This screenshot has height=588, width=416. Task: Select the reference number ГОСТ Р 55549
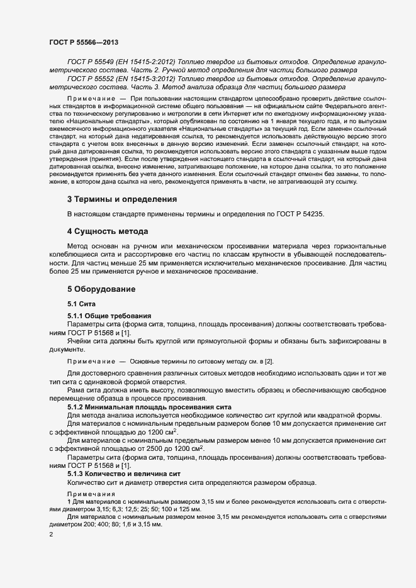[90, 62]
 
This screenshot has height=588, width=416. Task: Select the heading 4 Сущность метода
[110, 231]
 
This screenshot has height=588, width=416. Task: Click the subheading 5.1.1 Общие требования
[110, 315]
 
